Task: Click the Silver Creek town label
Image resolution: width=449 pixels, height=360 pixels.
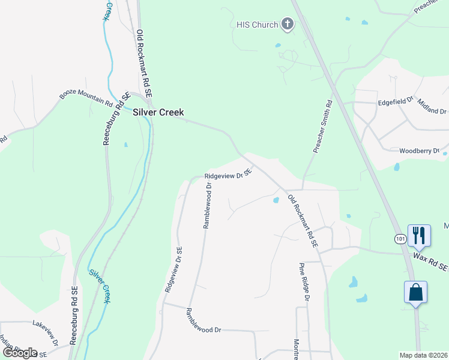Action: pos(158,112)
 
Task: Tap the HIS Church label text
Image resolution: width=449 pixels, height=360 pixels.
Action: pos(256,25)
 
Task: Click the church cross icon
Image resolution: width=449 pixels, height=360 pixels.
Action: pos(288,25)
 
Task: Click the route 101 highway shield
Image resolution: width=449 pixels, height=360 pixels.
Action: pos(400,239)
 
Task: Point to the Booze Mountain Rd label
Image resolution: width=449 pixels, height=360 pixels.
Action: pos(86,100)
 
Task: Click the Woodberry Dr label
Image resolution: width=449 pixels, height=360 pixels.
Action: pos(420,151)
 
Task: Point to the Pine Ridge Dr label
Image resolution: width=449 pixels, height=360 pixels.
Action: pos(304,281)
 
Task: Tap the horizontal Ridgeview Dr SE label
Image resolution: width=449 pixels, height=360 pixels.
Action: pos(227,175)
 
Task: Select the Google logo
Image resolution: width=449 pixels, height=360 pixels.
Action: pos(20,353)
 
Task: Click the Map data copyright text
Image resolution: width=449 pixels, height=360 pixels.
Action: pos(424,355)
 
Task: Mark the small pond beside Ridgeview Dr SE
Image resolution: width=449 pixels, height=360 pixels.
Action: pos(276,200)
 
